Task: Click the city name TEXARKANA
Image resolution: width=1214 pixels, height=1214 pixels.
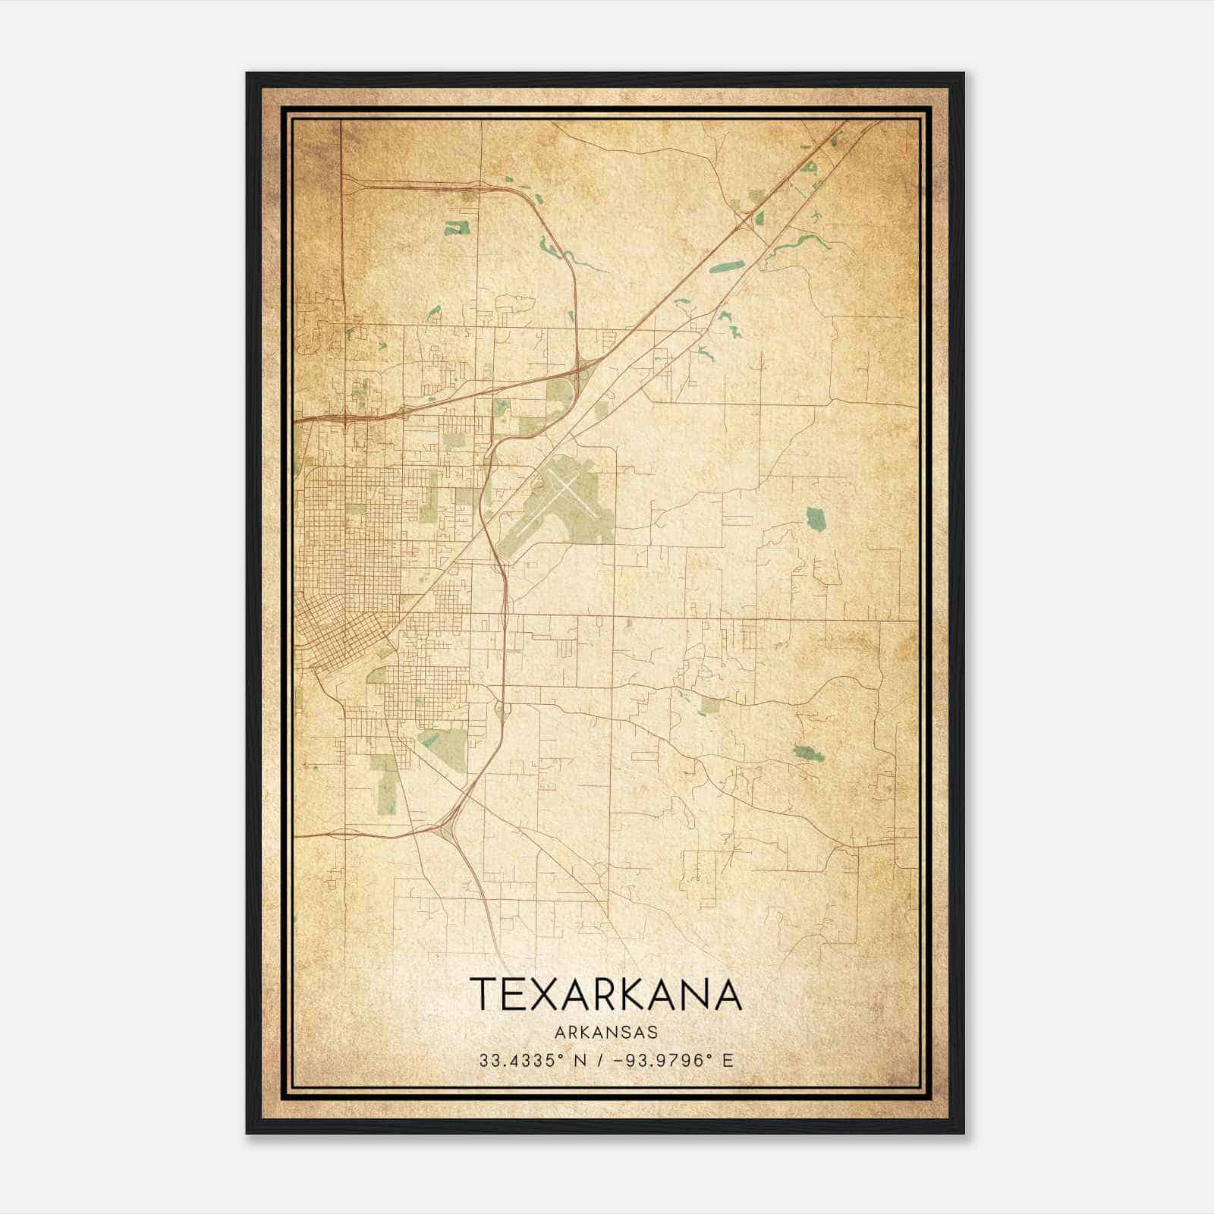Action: pos(605,994)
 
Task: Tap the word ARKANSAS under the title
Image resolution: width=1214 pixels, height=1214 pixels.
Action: pos(605,1033)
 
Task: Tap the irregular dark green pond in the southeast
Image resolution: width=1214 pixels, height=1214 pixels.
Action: pos(808,753)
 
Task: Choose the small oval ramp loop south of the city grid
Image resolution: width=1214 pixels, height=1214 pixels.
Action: pos(500,710)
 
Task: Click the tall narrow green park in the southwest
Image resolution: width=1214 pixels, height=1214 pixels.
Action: pos(387,785)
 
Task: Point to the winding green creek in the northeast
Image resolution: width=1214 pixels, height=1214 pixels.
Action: pos(797,247)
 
